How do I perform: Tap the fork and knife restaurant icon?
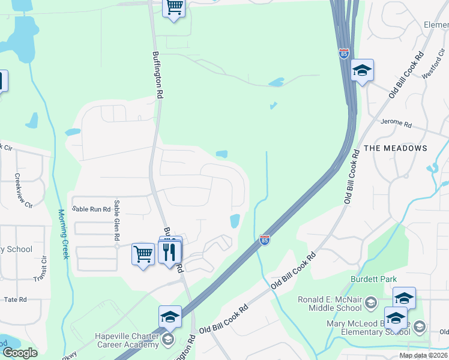(171, 251)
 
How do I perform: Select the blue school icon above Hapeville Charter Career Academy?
(170, 316)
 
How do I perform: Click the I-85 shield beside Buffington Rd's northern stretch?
(344, 54)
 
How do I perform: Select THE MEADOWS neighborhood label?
(396, 148)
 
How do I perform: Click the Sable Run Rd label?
(91, 209)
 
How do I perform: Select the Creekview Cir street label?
(23, 191)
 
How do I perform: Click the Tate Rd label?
(15, 299)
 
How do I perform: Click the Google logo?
(20, 353)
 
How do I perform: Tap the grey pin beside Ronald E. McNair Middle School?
(371, 301)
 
